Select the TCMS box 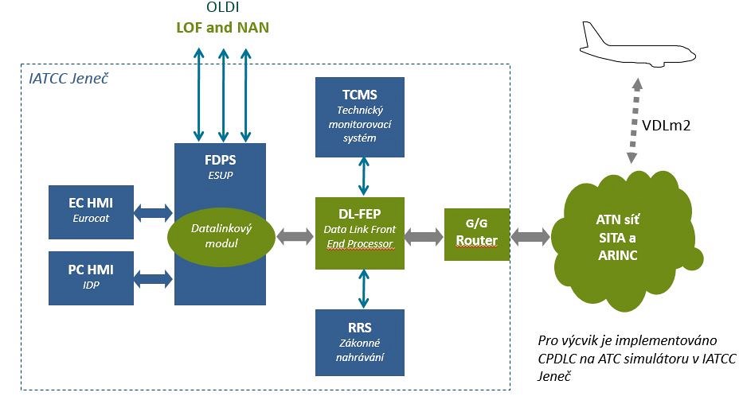point(360,116)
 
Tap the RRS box point(360,342)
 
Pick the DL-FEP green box point(360,232)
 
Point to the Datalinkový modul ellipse point(221,235)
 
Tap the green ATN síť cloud point(630,238)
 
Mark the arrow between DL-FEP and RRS point(363,289)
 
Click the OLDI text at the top point(221,10)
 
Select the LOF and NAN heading point(221,29)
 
